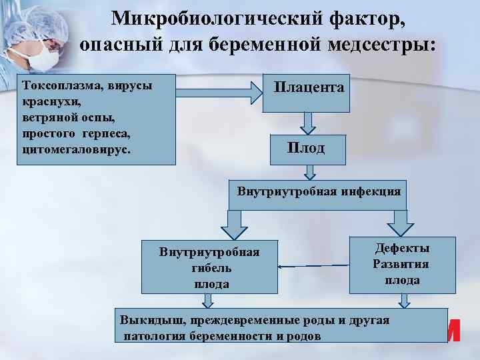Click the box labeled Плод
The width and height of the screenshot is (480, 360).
click(x=306, y=148)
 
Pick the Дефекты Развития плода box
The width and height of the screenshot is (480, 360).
click(x=402, y=265)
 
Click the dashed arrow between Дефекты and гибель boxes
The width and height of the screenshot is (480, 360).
click(x=313, y=266)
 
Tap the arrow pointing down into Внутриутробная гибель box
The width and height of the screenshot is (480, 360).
click(x=234, y=226)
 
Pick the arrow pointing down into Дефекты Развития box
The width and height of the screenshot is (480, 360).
click(x=402, y=220)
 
